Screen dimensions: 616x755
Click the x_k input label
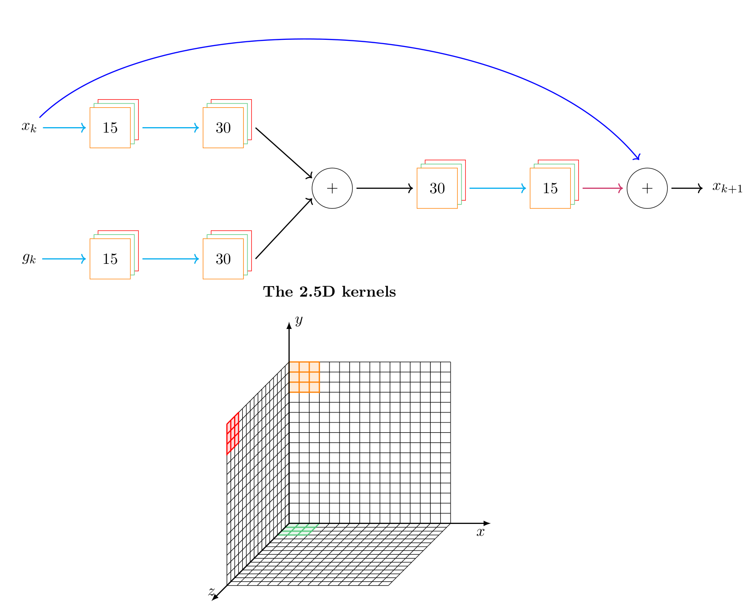point(28,127)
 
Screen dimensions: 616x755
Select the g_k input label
point(28,259)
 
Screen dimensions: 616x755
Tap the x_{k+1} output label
point(727,188)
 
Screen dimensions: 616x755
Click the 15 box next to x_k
point(110,128)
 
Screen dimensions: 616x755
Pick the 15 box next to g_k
point(110,259)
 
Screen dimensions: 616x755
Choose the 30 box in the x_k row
point(223,128)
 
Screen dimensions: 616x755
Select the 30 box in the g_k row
point(223,259)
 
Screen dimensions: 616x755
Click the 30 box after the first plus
point(437,188)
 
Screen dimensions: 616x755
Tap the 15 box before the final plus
point(550,188)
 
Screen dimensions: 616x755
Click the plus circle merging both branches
point(332,188)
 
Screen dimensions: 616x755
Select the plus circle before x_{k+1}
point(647,188)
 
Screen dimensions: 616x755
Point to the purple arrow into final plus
point(602,188)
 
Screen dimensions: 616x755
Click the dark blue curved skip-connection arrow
point(304,39)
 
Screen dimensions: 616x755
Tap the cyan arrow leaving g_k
point(64,259)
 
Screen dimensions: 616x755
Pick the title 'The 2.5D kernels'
point(330,292)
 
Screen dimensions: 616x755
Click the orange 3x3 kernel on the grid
point(304,377)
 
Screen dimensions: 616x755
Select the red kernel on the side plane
point(233,433)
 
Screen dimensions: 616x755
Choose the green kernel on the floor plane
point(298,530)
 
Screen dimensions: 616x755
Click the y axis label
point(299,321)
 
